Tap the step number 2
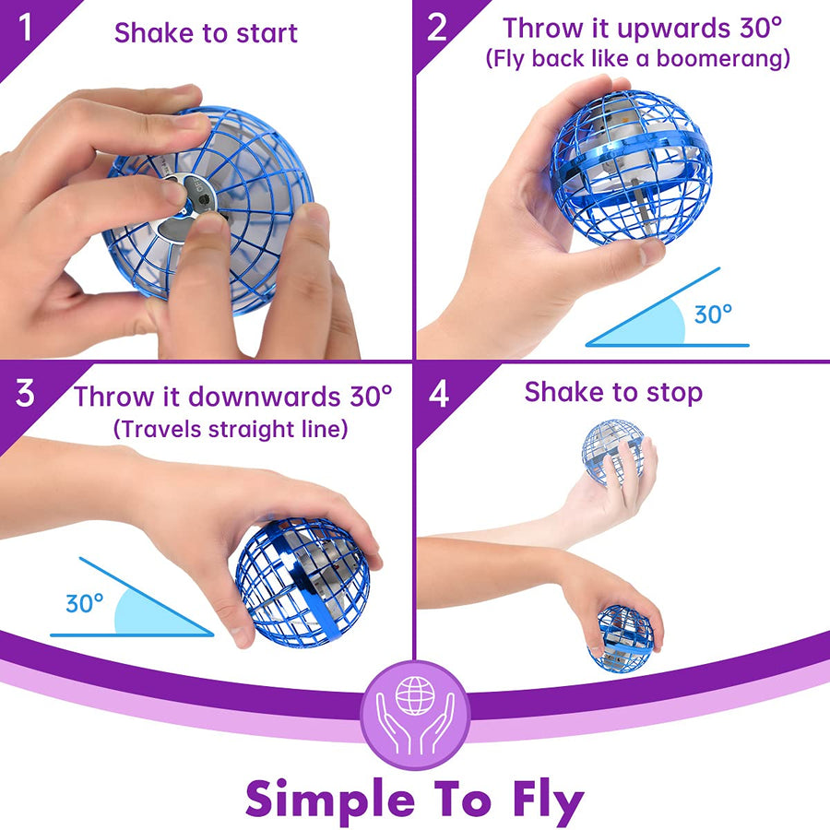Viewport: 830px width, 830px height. (437, 28)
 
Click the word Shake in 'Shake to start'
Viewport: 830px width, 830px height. (151, 33)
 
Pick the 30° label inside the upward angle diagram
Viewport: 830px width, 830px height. (713, 314)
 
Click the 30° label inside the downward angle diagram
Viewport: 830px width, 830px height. (85, 604)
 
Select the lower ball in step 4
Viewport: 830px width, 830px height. (622, 639)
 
